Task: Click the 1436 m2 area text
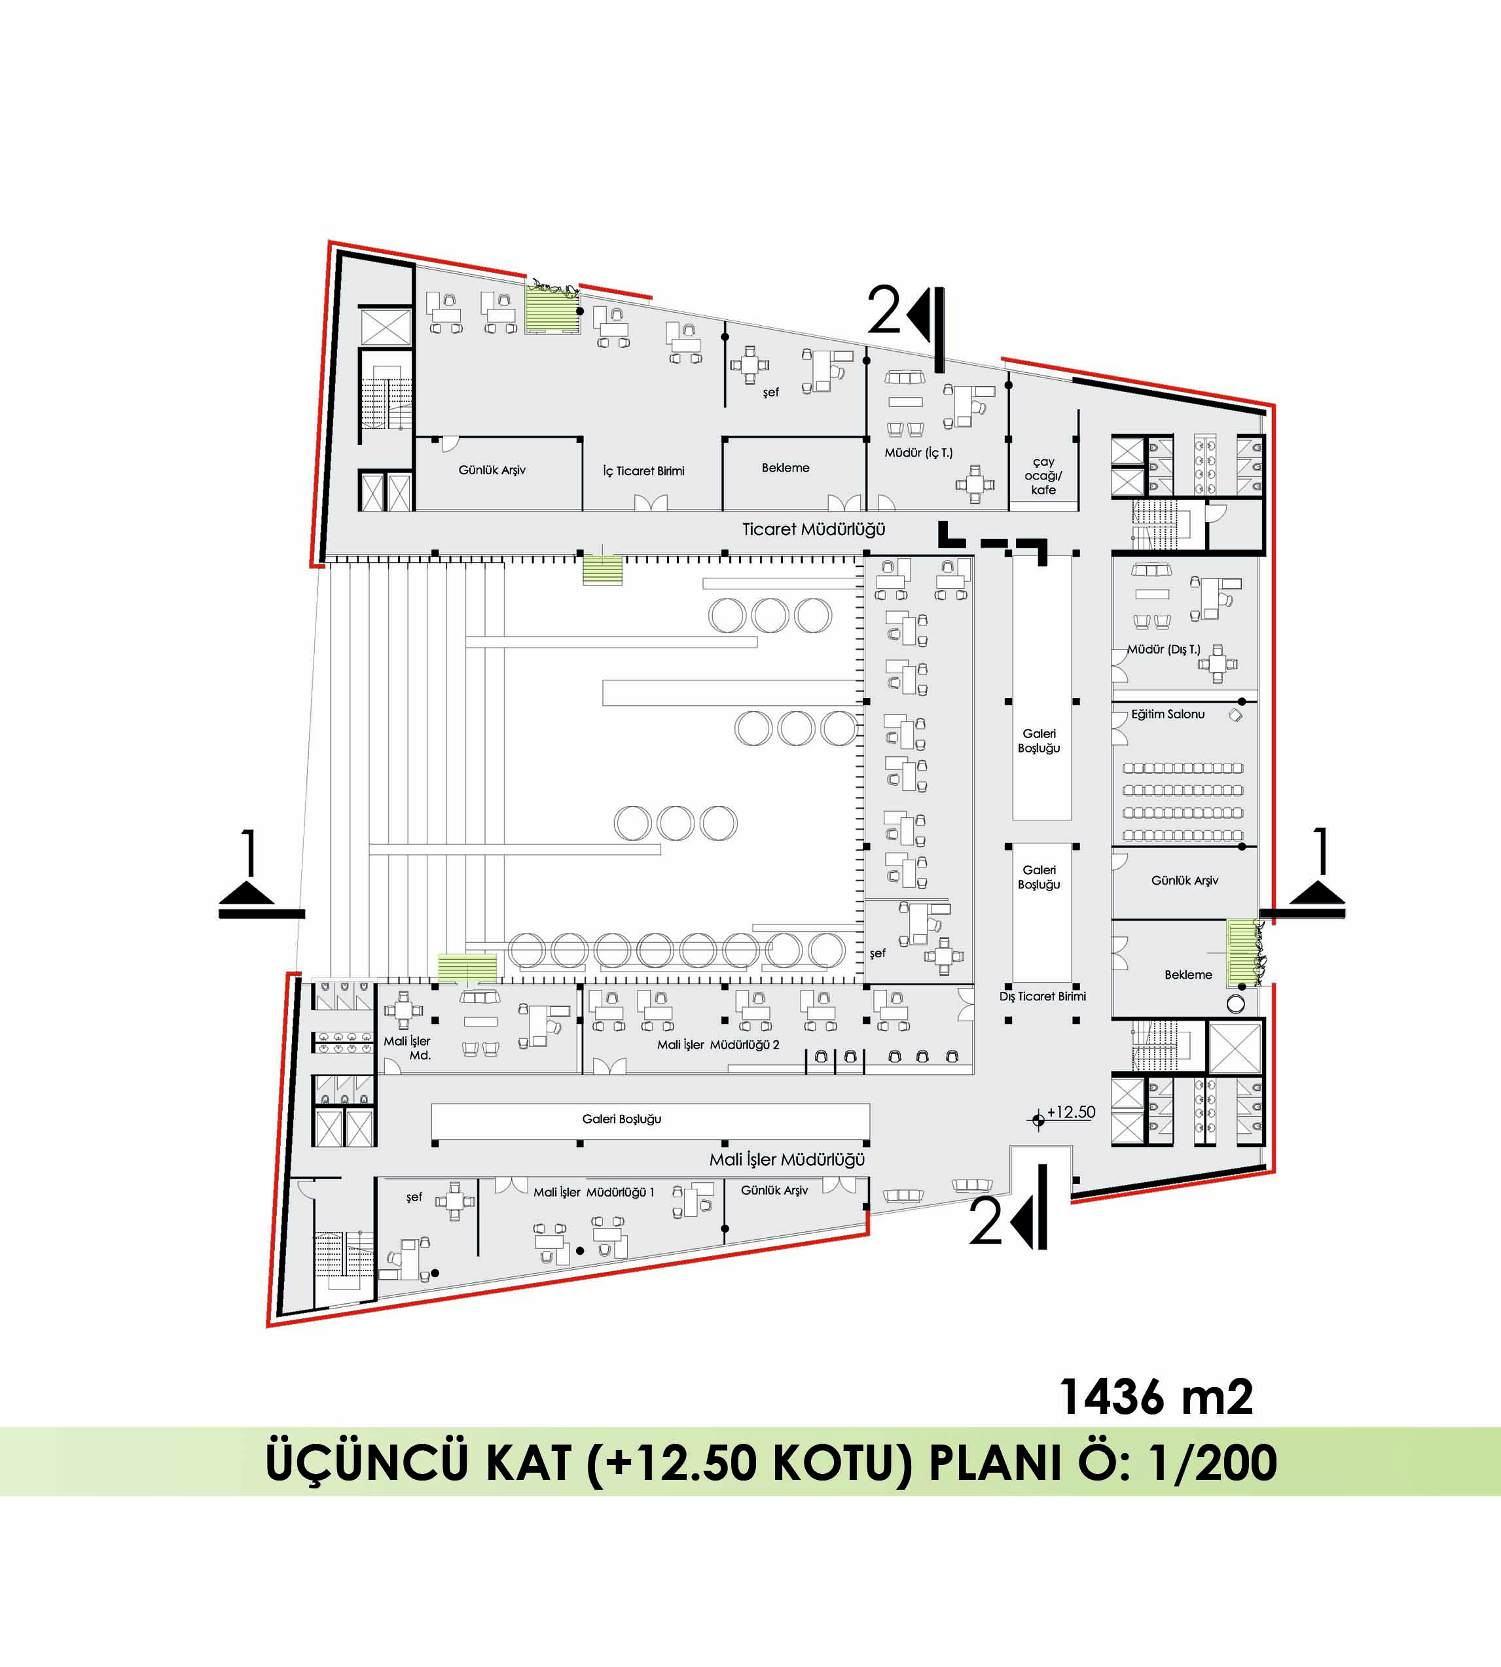(x=1155, y=1397)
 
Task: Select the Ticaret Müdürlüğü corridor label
(x=813, y=529)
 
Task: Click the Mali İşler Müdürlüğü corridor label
(x=787, y=1160)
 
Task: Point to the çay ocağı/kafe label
(x=1043, y=476)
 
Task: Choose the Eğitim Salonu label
(x=1168, y=714)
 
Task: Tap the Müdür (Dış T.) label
(x=1164, y=650)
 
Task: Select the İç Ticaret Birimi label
(x=643, y=471)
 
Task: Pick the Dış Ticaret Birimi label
(x=1043, y=996)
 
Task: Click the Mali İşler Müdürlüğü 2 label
(x=717, y=1045)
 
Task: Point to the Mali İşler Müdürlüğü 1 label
(x=594, y=1192)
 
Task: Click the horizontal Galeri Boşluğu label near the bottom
(x=622, y=1119)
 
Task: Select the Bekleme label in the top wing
(x=785, y=467)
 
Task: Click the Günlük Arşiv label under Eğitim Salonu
(x=1184, y=881)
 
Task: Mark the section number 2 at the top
(x=885, y=310)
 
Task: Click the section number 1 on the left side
(x=248, y=852)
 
